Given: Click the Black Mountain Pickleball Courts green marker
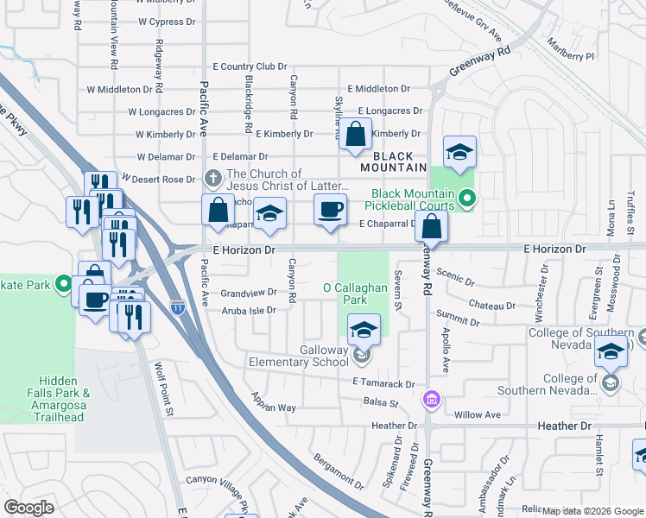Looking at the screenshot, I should point(467,199).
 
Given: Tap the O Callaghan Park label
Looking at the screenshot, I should point(357,294).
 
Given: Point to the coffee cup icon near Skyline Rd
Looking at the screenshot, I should point(329,210).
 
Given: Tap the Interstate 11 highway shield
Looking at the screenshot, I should point(178,306).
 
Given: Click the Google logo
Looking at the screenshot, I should point(28,508).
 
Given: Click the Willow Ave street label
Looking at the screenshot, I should point(478,414).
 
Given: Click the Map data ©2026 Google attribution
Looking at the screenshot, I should point(592,511).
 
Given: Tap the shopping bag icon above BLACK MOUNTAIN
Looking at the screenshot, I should point(355,135).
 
